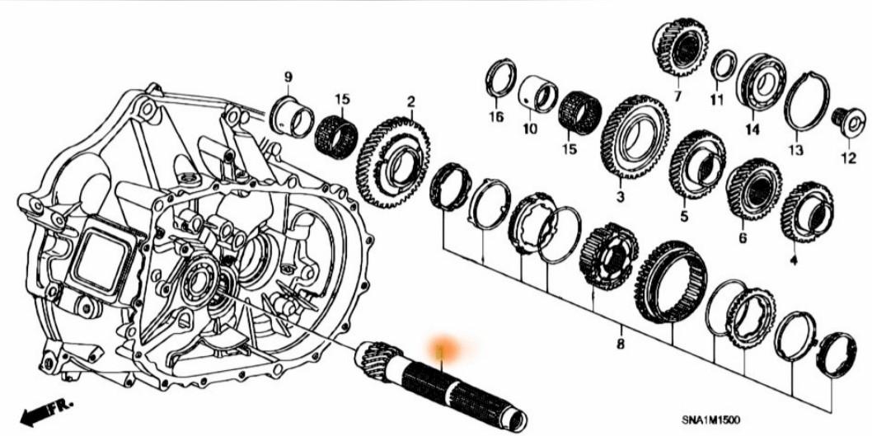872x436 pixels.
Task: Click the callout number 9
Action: (x=288, y=77)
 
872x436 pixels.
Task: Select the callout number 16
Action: (x=495, y=117)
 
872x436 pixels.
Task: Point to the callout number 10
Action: (x=529, y=129)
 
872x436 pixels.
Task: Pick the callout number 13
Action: (x=795, y=150)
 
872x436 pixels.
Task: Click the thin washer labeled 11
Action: (x=724, y=65)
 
